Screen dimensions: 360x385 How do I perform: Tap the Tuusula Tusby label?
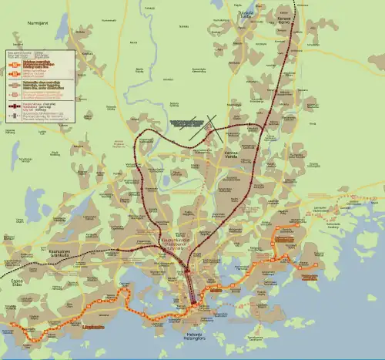click(x=245, y=15)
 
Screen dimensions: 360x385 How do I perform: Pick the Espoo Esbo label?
click(x=16, y=283)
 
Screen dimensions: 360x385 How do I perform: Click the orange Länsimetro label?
click(x=94, y=327)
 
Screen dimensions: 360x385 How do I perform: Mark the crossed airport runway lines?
click(x=202, y=129)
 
